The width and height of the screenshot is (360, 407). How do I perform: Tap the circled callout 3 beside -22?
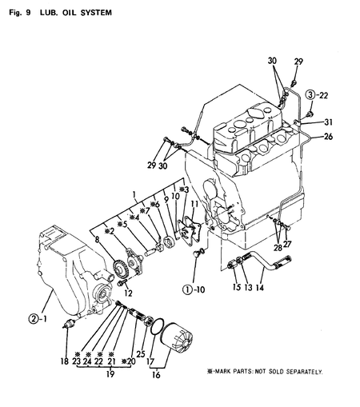tap(298, 95)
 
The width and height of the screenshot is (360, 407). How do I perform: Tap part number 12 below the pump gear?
tap(128, 293)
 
